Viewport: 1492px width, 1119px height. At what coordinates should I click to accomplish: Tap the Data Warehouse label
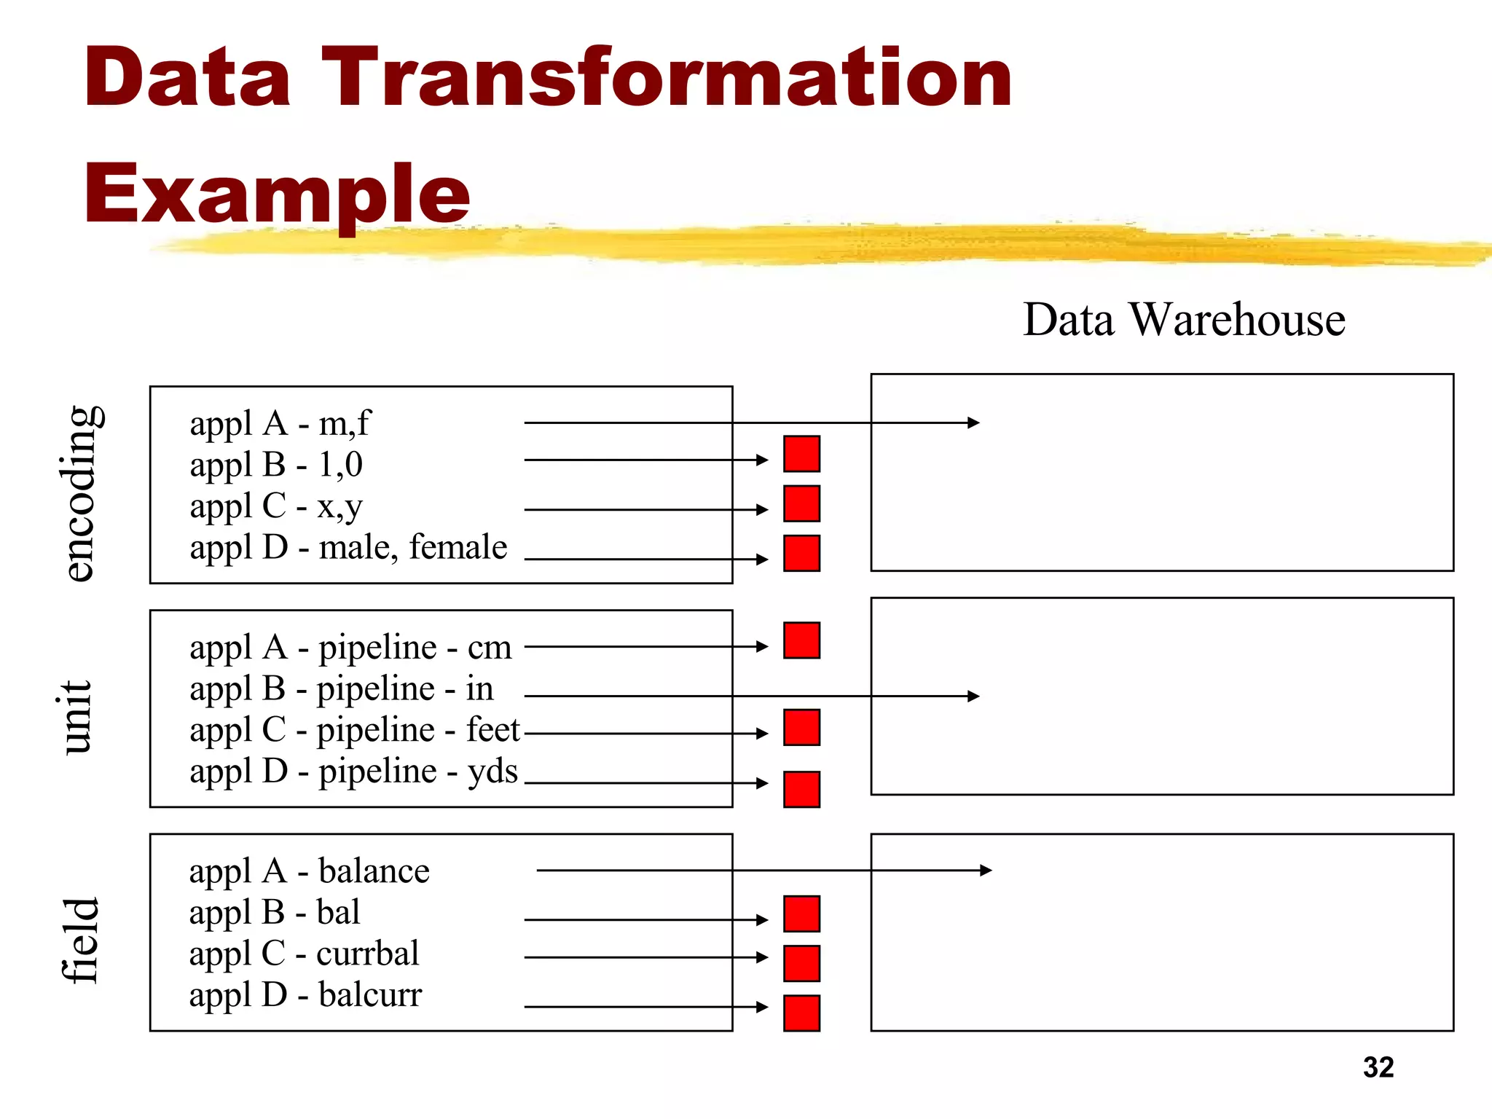coord(1184,320)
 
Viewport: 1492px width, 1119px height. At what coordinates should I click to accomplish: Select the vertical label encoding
coord(80,493)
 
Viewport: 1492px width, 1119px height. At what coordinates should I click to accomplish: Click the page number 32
coord(1378,1067)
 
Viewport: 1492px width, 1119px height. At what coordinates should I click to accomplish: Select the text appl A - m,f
coord(280,423)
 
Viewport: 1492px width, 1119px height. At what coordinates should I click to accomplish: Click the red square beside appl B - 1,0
coord(801,454)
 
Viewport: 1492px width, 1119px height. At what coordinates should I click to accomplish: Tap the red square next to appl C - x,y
coord(801,503)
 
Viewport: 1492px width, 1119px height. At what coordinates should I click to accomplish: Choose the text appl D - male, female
coord(348,547)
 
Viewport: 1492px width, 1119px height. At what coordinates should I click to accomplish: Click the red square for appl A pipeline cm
coord(801,640)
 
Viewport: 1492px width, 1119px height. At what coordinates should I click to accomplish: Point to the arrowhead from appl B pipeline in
coord(973,696)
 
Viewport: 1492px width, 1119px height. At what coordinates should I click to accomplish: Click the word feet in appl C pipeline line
coord(493,730)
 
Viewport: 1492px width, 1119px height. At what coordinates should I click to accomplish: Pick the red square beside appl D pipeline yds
coord(801,789)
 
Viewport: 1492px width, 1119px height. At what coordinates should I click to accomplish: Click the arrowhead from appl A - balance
coord(986,870)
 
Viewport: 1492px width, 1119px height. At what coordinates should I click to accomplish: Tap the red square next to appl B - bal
coord(801,914)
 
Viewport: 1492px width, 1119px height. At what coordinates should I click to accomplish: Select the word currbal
coord(368,954)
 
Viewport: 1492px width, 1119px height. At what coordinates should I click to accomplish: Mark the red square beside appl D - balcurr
coord(801,1013)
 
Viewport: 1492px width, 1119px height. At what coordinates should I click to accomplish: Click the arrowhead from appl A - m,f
coord(973,423)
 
